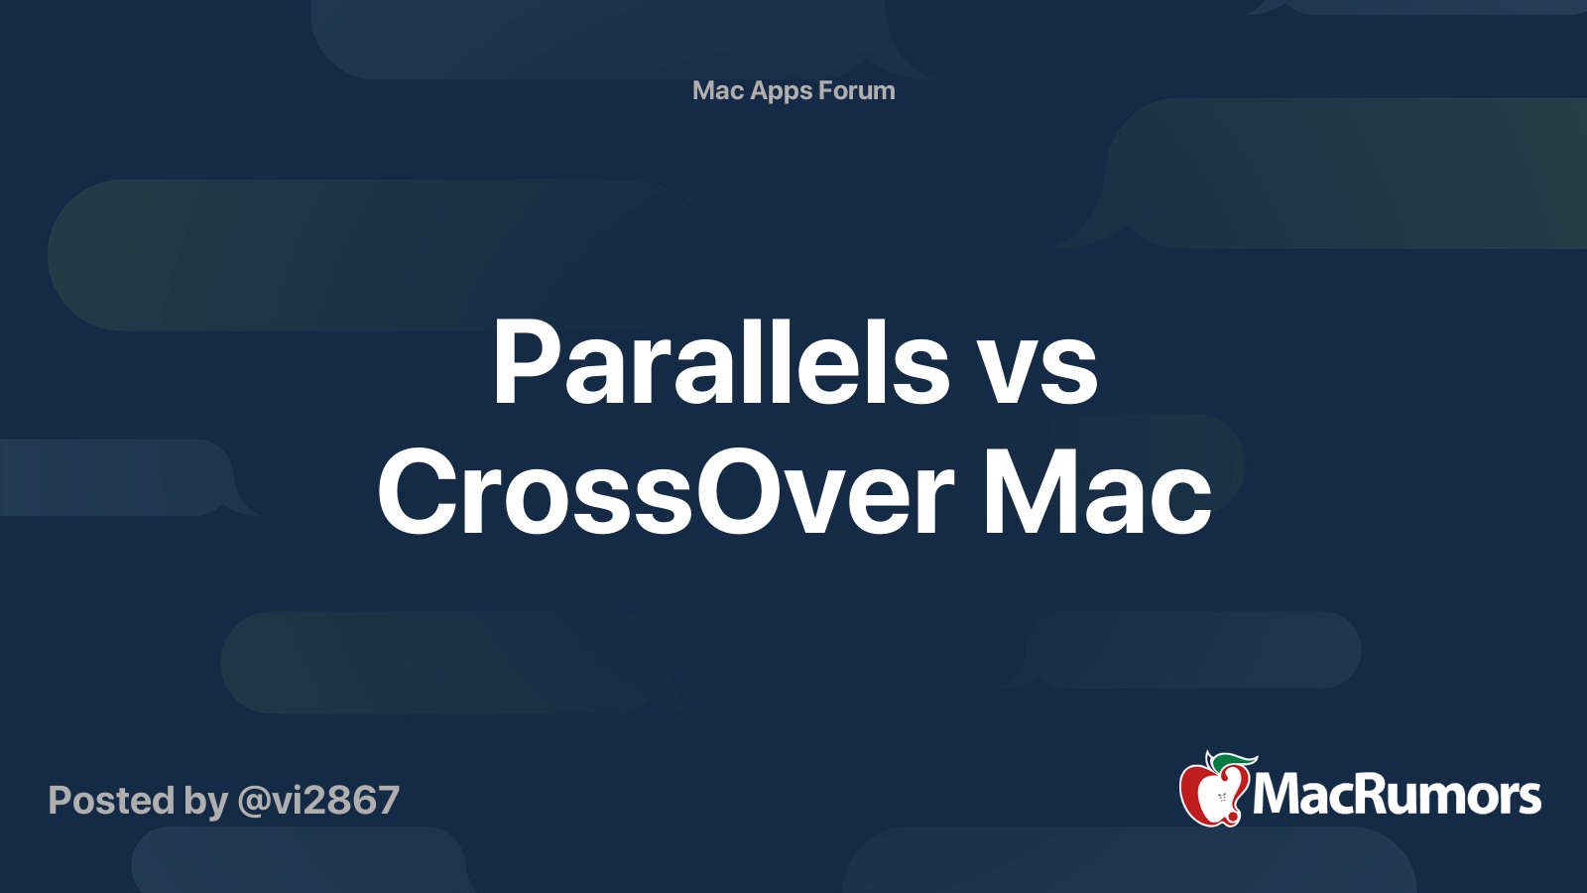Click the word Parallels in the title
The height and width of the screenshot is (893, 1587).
click(x=719, y=363)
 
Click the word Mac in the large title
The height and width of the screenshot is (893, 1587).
click(x=1096, y=492)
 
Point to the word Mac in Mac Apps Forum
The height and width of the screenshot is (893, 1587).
click(x=718, y=90)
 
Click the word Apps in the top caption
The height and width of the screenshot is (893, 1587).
click(x=782, y=91)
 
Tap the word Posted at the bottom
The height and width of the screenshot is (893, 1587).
click(x=110, y=800)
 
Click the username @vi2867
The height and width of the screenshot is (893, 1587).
click(x=318, y=800)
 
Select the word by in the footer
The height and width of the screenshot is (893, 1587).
click(x=205, y=802)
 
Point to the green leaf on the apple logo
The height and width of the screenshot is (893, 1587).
click(x=1233, y=761)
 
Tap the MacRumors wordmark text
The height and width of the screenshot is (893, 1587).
click(x=1397, y=795)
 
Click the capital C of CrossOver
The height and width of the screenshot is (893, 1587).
click(x=421, y=492)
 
